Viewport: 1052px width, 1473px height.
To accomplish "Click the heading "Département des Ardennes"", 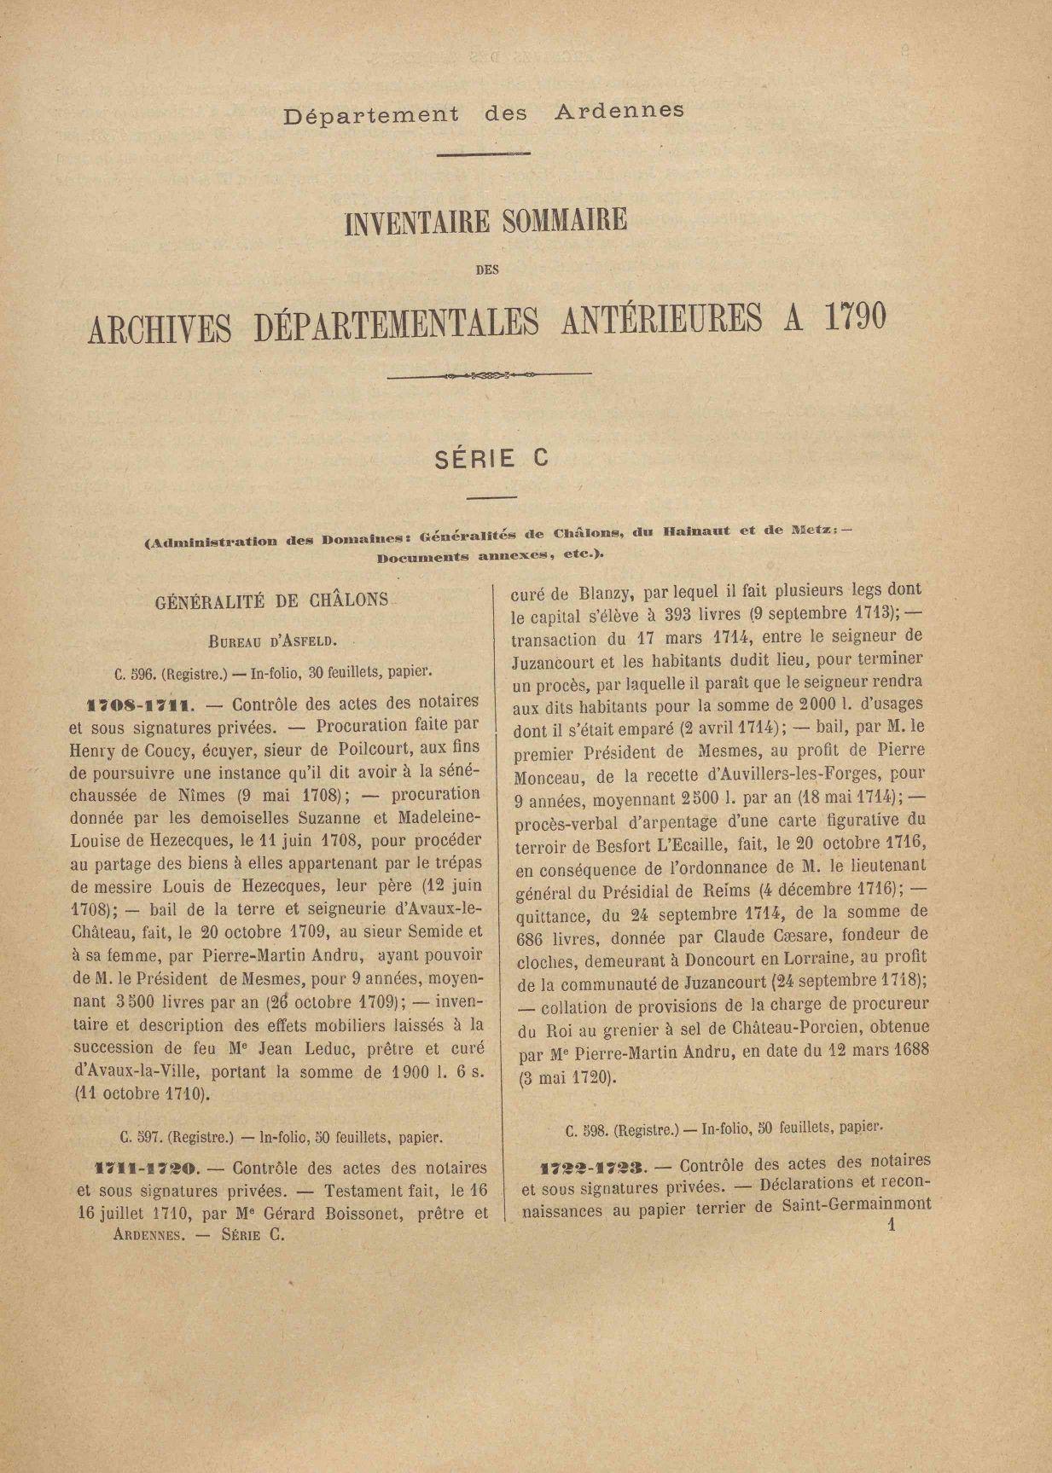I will click(x=484, y=113).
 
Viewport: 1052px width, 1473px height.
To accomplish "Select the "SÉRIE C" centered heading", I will click(x=491, y=459).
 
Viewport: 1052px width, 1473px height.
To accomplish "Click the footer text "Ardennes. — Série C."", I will click(x=198, y=1234).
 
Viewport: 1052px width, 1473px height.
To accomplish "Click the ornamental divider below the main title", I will click(x=490, y=374).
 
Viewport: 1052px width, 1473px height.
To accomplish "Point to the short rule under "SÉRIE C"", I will click(x=491, y=497).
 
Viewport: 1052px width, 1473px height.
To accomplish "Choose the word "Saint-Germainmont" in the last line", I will click(x=855, y=1206).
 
